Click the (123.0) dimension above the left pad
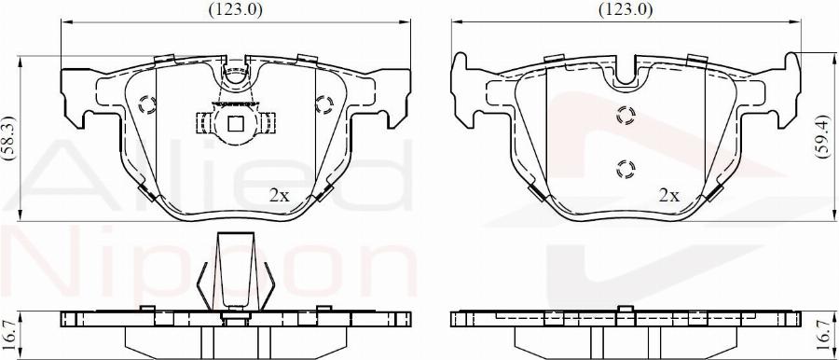[x=236, y=9]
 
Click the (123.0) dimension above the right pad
[x=626, y=9]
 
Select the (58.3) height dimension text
[x=9, y=138]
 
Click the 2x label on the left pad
[x=279, y=196]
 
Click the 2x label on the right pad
[x=668, y=196]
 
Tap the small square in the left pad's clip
[x=236, y=124]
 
